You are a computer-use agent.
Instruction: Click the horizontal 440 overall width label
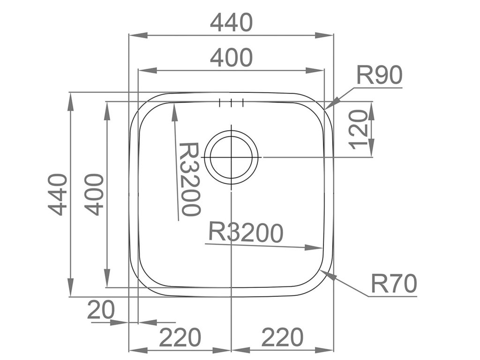pyautogui.click(x=231, y=22)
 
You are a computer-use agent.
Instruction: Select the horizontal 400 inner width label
pyautogui.click(x=231, y=58)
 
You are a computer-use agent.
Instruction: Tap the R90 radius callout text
pyautogui.click(x=379, y=75)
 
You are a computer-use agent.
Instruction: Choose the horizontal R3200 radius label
pyautogui.click(x=246, y=232)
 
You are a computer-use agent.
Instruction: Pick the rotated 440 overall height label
pyautogui.click(x=58, y=194)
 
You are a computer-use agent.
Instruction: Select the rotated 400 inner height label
pyautogui.click(x=94, y=194)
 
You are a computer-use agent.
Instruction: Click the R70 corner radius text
pyautogui.click(x=394, y=284)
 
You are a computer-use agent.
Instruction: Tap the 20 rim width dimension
pyautogui.click(x=101, y=310)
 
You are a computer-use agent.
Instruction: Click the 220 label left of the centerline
pyautogui.click(x=180, y=337)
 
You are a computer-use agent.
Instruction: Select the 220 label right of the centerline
pyautogui.click(x=282, y=337)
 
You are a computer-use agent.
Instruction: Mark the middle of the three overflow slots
pyautogui.click(x=231, y=104)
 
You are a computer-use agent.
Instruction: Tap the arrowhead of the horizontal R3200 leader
pyautogui.click(x=319, y=247)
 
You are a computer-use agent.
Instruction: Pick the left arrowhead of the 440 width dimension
pyautogui.click(x=134, y=35)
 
